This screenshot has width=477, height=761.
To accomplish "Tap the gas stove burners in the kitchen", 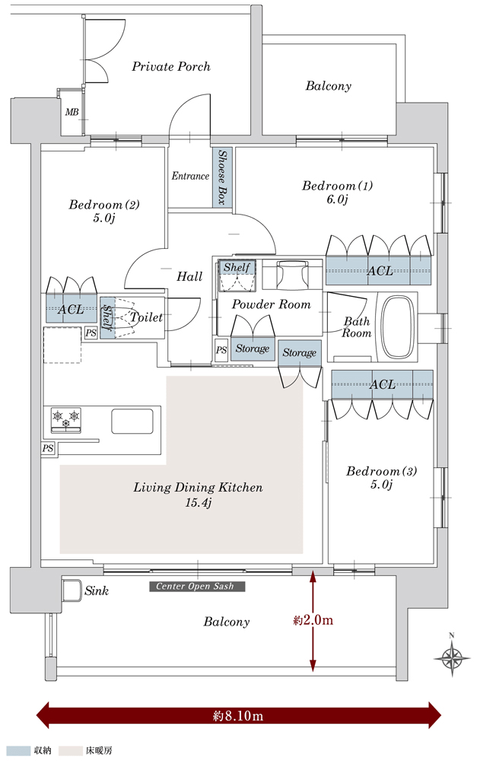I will (x=65, y=419).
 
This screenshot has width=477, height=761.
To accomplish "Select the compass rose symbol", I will (x=451, y=656).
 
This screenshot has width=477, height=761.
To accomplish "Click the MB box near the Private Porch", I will (x=72, y=113).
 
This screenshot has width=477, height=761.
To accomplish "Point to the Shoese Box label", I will (x=223, y=177).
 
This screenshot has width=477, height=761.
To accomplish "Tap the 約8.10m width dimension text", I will (x=238, y=716).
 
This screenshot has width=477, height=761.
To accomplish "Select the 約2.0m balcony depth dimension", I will (x=313, y=620).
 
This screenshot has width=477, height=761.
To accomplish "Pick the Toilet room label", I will (x=146, y=317).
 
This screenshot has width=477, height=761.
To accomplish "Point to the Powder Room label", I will (x=272, y=304).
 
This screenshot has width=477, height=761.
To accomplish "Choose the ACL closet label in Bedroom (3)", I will (x=382, y=384).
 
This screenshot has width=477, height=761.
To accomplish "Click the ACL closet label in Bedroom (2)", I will (x=72, y=310).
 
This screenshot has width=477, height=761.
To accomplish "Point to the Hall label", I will (x=189, y=277).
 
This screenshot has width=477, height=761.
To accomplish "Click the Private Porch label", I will (x=171, y=67).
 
